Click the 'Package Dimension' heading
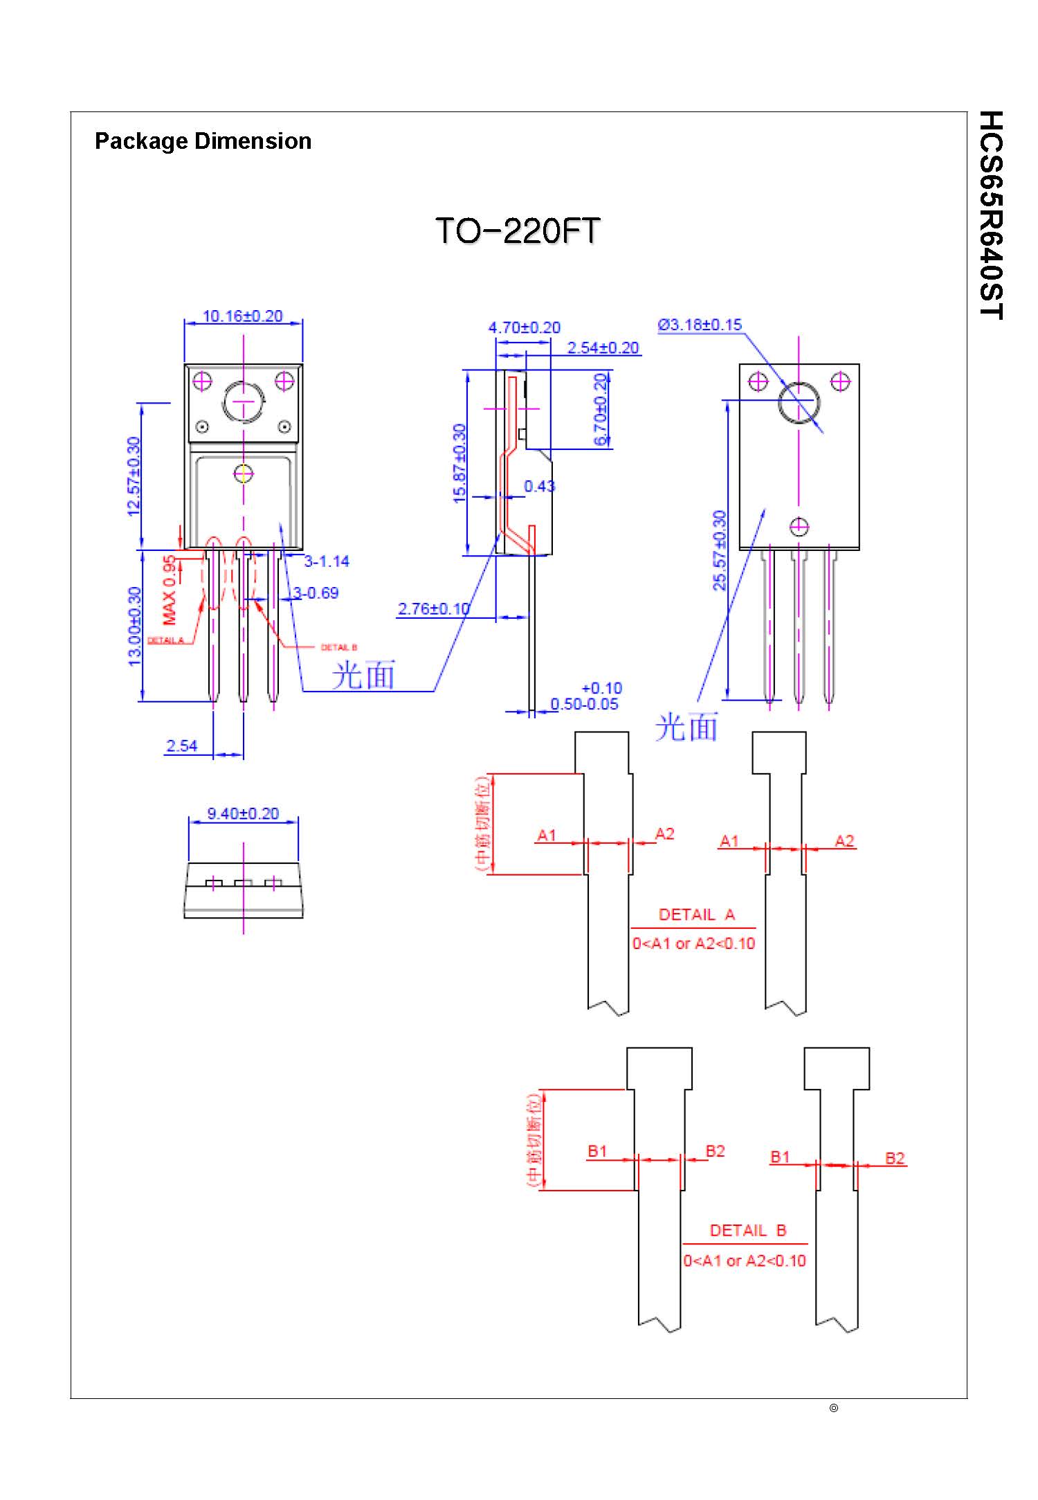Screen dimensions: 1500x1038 pyautogui.click(x=203, y=141)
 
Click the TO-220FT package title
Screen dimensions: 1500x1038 pyautogui.click(x=517, y=231)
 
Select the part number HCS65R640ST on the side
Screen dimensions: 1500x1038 pyautogui.click(x=991, y=215)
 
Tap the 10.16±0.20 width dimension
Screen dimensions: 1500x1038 pyautogui.click(x=242, y=316)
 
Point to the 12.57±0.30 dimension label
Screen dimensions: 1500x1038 pyautogui.click(x=134, y=476)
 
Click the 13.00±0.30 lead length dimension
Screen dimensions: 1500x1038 pyautogui.click(x=135, y=626)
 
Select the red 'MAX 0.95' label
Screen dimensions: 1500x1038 pyautogui.click(x=169, y=590)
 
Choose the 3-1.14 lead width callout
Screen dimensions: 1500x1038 pyautogui.click(x=327, y=561)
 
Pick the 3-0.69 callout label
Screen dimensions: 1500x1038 pyautogui.click(x=316, y=593)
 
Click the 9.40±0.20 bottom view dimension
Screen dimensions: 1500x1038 pyautogui.click(x=243, y=814)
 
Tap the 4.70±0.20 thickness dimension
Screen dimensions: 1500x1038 pyautogui.click(x=524, y=327)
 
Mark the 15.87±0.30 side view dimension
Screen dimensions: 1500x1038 pyautogui.click(x=459, y=463)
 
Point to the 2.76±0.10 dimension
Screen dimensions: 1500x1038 pyautogui.click(x=433, y=609)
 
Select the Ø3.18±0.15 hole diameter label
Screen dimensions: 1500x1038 pyautogui.click(x=700, y=325)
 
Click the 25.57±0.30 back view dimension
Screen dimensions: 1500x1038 pyautogui.click(x=720, y=550)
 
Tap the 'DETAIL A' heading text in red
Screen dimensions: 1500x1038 pyautogui.click(x=696, y=915)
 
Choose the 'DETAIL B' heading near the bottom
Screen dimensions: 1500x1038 pyautogui.click(x=748, y=1231)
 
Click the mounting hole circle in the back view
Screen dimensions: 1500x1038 pyautogui.click(x=799, y=402)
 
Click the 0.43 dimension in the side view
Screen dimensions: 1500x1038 pyautogui.click(x=539, y=487)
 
